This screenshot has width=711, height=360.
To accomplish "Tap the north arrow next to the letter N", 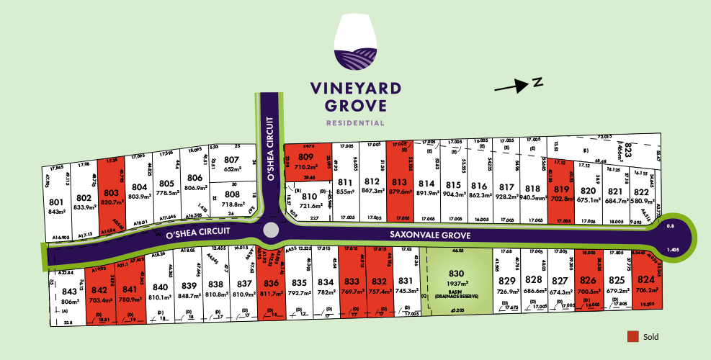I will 514,86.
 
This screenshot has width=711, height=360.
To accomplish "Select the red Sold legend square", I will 633,336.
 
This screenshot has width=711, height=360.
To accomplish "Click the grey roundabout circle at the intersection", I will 271,230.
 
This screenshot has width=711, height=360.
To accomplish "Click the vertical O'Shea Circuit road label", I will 271,148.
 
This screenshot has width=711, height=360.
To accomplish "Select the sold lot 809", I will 305,157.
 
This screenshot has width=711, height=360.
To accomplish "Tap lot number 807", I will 231,159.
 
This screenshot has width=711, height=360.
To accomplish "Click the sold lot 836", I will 272,283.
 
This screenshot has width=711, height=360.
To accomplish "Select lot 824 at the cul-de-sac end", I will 645,280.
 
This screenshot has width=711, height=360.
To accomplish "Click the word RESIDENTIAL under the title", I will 355,123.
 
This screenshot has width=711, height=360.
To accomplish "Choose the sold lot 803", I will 110,193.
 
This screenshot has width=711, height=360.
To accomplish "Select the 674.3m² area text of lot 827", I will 558,292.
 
